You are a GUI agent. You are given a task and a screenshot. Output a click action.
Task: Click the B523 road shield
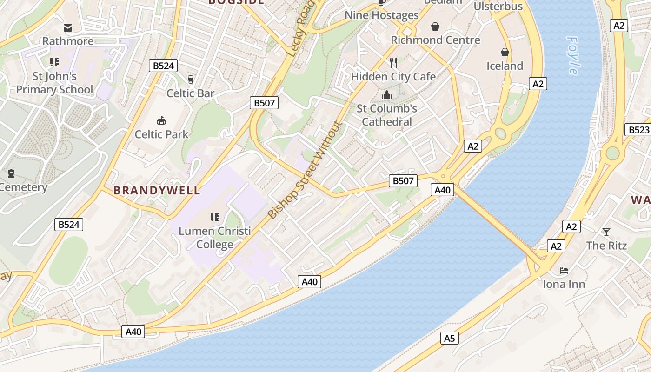click(638, 130)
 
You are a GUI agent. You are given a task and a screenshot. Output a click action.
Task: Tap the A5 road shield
click(449, 338)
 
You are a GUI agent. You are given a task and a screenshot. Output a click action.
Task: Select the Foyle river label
click(573, 55)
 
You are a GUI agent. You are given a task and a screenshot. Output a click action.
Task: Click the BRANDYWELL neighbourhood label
click(157, 190)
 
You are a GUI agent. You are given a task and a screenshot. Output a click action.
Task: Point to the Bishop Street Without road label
click(305, 170)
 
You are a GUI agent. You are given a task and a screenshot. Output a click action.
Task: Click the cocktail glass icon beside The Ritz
click(606, 232)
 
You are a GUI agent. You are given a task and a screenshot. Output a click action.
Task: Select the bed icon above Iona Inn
click(564, 270)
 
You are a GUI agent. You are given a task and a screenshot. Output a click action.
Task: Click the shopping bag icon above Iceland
click(505, 52)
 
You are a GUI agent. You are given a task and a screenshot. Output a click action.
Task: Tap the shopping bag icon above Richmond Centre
click(435, 27)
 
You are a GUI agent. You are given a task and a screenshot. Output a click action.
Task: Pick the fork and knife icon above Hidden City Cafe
click(393, 62)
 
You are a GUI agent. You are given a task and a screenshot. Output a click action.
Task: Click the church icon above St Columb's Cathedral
click(386, 95)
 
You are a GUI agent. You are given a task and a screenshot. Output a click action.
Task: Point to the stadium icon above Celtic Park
click(161, 121)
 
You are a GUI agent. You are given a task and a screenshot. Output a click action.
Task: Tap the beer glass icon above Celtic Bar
click(190, 79)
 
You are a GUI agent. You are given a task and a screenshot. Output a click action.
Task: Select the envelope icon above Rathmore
click(68, 28)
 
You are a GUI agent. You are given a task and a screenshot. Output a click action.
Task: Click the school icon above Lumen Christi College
click(214, 217)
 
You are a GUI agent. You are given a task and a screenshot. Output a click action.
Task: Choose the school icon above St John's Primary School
click(54, 62)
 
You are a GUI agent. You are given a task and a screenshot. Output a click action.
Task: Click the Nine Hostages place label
click(381, 15)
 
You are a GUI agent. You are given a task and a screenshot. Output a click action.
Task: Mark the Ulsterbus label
click(498, 7)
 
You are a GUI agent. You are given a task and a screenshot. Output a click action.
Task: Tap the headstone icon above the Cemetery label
click(11, 173)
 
